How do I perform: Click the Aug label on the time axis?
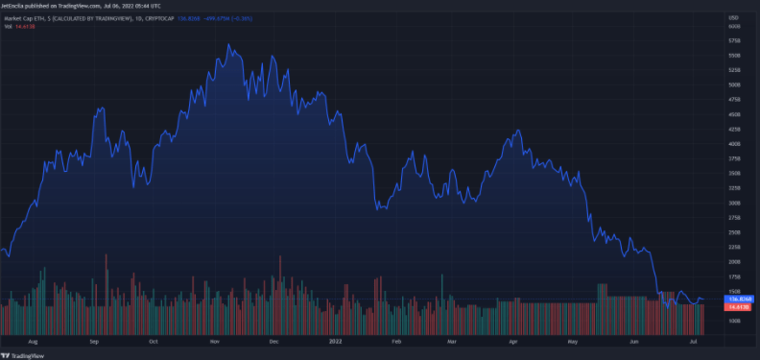tap(34, 341)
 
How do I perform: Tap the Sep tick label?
tap(94, 341)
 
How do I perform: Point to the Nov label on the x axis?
tap(215, 341)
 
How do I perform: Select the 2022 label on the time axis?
tap(335, 341)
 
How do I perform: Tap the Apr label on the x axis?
tap(513, 341)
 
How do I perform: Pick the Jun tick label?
tap(634, 341)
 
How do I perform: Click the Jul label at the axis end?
tap(691, 341)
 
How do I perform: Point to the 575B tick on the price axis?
tap(733, 41)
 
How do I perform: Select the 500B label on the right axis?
tap(733, 85)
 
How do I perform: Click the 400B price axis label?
tap(733, 144)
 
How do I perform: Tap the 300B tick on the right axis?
tap(733, 204)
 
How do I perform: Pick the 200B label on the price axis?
tap(733, 262)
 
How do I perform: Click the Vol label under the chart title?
tap(9, 26)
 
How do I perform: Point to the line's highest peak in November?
tap(228, 44)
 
